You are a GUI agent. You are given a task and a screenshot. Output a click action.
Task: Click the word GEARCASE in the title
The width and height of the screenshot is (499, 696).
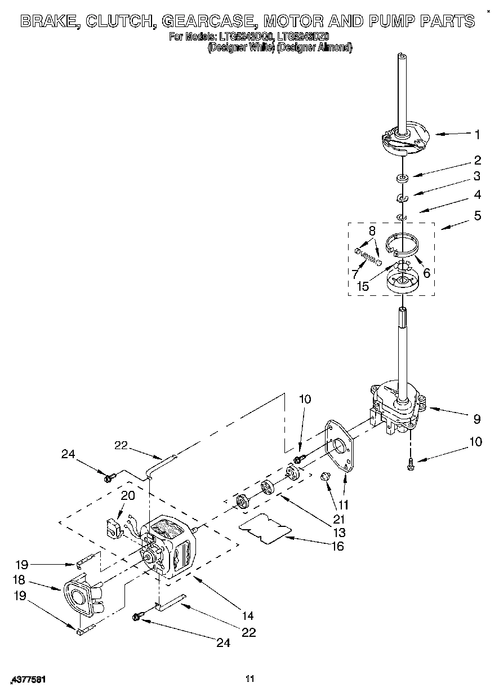pyautogui.click(x=208, y=22)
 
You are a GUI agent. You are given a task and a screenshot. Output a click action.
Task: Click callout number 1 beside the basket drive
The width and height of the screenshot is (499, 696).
pyautogui.click(x=477, y=135)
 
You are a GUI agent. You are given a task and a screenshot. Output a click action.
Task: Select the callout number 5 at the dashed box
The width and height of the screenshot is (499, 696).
pyautogui.click(x=478, y=215)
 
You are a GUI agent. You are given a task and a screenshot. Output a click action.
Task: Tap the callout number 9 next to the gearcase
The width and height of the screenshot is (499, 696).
pyautogui.click(x=476, y=419)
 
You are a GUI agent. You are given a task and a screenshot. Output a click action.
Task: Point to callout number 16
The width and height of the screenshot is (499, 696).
pyautogui.click(x=337, y=546)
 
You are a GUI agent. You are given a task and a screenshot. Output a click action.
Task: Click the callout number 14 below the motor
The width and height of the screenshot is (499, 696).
pyautogui.click(x=247, y=616)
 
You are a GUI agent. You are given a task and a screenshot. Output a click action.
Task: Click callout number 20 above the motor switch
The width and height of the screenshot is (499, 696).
pyautogui.click(x=128, y=495)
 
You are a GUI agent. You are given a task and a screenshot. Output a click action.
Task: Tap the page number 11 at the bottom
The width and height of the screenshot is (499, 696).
pyautogui.click(x=250, y=679)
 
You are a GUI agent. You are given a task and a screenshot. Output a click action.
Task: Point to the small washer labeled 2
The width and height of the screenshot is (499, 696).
pyautogui.click(x=402, y=179)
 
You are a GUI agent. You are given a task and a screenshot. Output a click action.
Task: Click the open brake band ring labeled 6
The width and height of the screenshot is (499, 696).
pyautogui.click(x=404, y=244)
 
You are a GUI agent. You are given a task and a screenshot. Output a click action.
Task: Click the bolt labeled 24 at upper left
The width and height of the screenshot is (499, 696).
pyautogui.click(x=109, y=478)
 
